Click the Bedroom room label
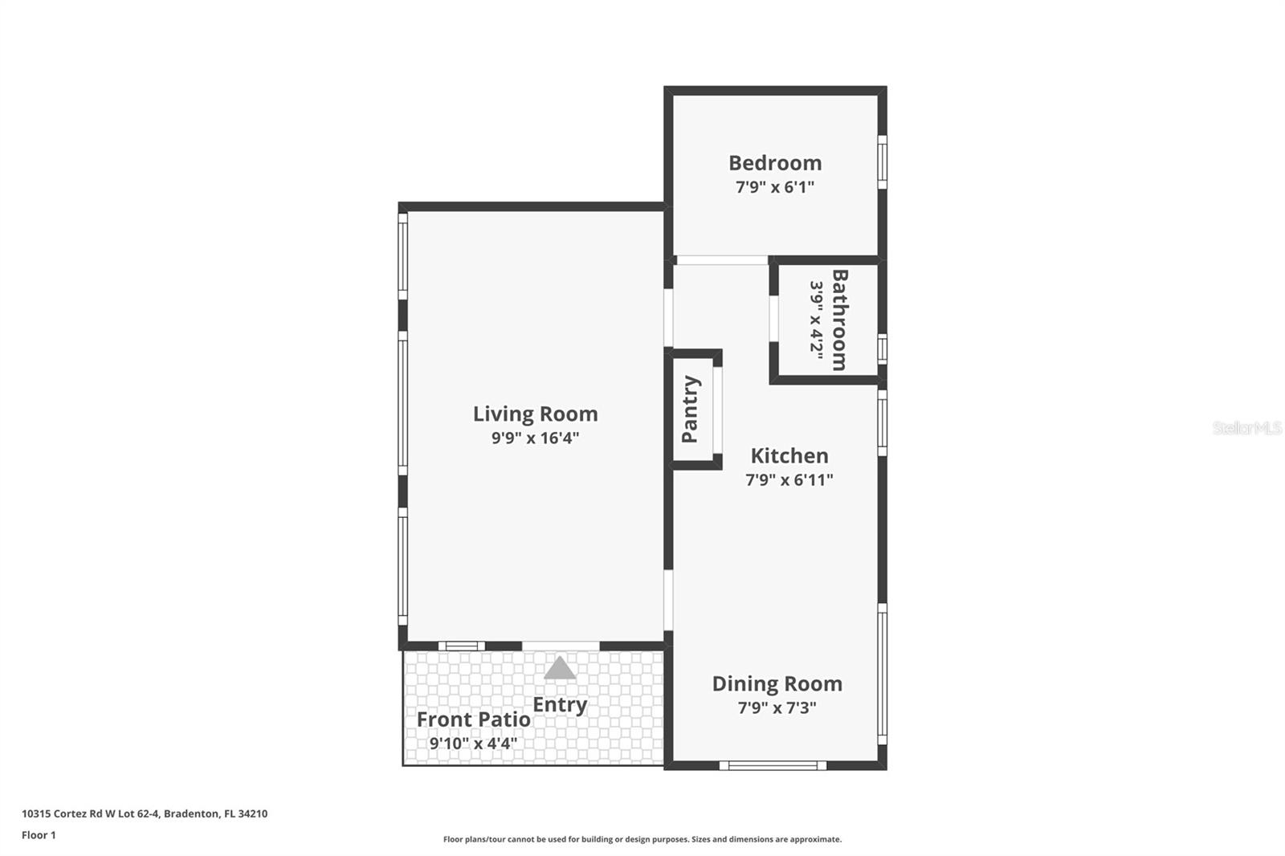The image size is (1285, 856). (x=775, y=163)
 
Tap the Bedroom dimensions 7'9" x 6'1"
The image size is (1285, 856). (x=775, y=187)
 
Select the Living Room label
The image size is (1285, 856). (x=535, y=414)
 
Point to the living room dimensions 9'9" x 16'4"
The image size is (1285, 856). (x=535, y=438)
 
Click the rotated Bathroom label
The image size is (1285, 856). (x=839, y=320)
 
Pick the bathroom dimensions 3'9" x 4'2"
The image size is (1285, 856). (x=816, y=320)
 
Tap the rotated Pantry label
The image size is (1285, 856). (x=690, y=409)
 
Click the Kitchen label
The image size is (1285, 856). (x=789, y=456)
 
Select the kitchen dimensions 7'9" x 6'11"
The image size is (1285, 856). (x=789, y=480)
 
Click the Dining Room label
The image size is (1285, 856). (x=777, y=684)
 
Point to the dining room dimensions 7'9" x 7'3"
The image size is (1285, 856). (x=777, y=708)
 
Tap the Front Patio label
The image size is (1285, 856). (x=473, y=719)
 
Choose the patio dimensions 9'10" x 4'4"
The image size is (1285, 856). (x=473, y=744)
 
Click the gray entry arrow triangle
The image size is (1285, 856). (x=560, y=669)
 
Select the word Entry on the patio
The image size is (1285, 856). (x=560, y=705)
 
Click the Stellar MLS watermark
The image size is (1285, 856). (x=1246, y=429)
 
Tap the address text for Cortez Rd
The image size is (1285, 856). (x=145, y=813)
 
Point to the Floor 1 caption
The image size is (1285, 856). (x=39, y=835)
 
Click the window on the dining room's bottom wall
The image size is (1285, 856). (x=773, y=765)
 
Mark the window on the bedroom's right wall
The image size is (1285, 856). (x=882, y=162)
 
